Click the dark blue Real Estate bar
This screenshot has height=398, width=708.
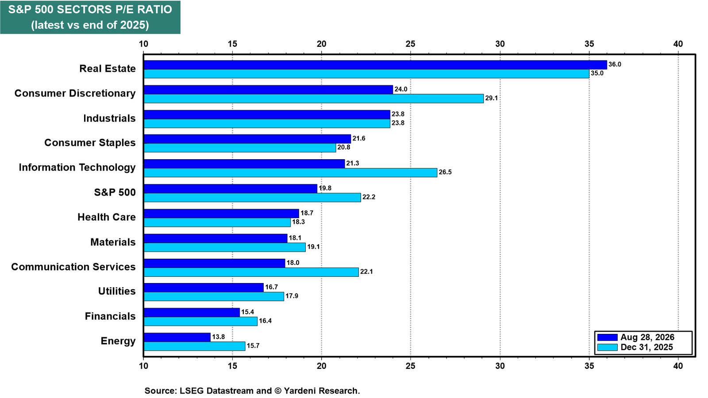coord(375,65)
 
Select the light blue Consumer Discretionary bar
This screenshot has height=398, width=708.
coord(314,99)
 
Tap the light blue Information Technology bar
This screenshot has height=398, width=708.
coord(290,172)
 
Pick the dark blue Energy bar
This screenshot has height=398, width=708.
coord(177,337)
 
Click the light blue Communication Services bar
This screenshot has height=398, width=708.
coord(251,272)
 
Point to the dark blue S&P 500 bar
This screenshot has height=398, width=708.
coord(231,188)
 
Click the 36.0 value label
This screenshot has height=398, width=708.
coord(615,65)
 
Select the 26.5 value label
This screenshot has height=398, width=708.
coord(445,172)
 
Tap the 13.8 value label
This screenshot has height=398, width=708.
coord(219,337)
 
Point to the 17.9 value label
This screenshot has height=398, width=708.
coord(292,296)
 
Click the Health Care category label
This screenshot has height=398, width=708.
coord(107,217)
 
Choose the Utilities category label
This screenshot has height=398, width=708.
coord(117,291)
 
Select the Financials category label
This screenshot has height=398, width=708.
coord(110,316)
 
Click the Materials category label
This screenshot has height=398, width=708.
coord(113,242)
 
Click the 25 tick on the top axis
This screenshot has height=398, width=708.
coord(411,44)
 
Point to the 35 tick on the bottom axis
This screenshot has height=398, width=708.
coord(589,366)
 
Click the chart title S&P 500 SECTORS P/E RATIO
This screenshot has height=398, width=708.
coord(90,9)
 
